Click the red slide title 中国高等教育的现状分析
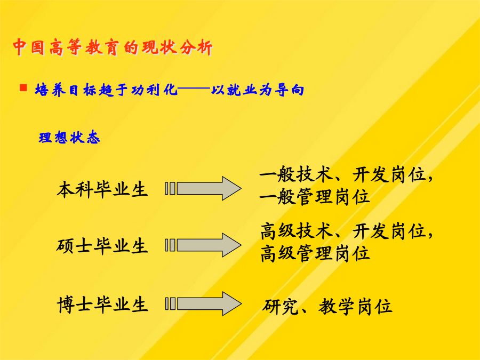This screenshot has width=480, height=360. click(x=113, y=47)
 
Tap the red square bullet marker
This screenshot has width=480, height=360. click(x=23, y=88)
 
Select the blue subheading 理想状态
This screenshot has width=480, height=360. click(x=69, y=137)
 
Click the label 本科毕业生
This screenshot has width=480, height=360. click(x=102, y=189)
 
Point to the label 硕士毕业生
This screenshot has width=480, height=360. click(x=102, y=246)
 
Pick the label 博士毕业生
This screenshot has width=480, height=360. click(x=102, y=305)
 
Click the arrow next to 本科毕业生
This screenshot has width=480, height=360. click(x=203, y=188)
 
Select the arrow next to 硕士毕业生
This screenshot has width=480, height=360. click(x=203, y=245)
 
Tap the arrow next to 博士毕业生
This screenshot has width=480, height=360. click(x=203, y=303)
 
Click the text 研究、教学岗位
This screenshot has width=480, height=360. click(x=327, y=307)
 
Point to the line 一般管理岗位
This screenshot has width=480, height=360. click(x=315, y=197)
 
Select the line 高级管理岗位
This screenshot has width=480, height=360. click(x=315, y=253)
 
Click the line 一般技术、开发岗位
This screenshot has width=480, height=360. click(x=346, y=175)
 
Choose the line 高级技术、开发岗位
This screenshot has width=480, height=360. click(x=346, y=231)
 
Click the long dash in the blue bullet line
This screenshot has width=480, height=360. click(x=194, y=90)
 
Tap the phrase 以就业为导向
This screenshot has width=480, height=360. click(x=258, y=90)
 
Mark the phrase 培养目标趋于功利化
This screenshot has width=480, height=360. click(x=106, y=90)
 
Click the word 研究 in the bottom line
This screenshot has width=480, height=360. click(x=280, y=307)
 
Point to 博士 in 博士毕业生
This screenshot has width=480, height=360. click(x=75, y=305)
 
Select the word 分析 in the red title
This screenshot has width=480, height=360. click(x=196, y=47)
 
